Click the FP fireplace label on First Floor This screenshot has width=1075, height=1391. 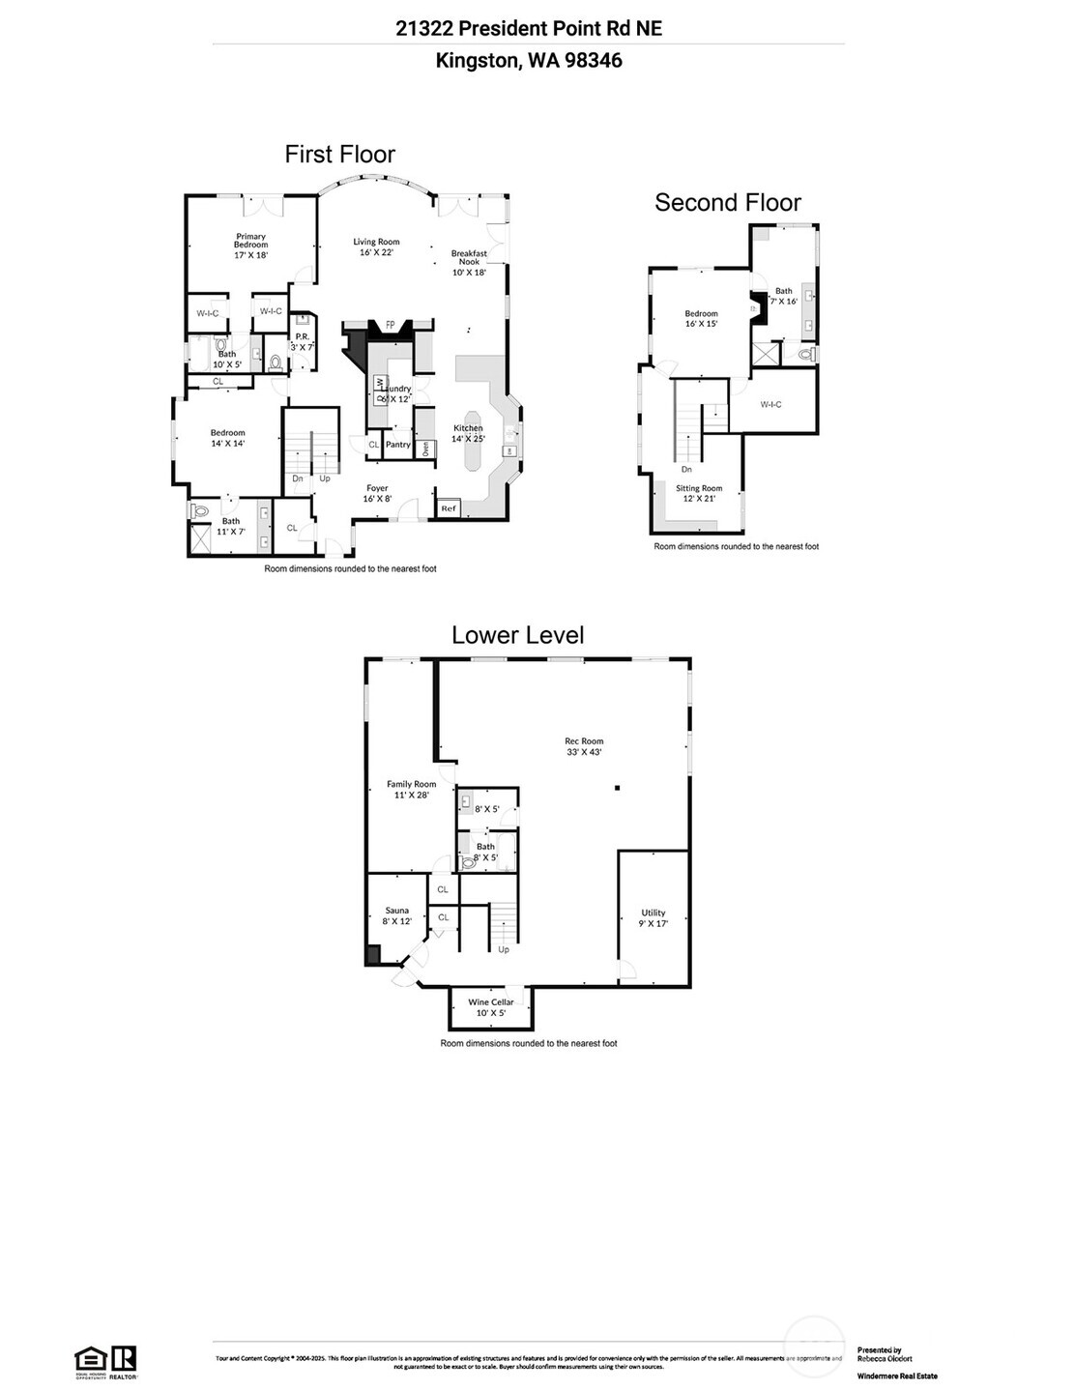pos(391,325)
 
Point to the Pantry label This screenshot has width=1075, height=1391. pos(398,445)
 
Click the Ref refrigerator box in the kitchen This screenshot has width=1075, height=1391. pos(449,507)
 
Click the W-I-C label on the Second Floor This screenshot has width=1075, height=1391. pos(770,404)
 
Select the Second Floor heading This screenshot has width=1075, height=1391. pos(728,202)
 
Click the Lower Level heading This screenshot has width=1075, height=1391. pos(518,634)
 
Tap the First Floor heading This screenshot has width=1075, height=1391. pos(340,154)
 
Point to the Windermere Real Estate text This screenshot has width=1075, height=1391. pos(896,1376)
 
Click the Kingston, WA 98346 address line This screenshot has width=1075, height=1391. pos(529,60)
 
